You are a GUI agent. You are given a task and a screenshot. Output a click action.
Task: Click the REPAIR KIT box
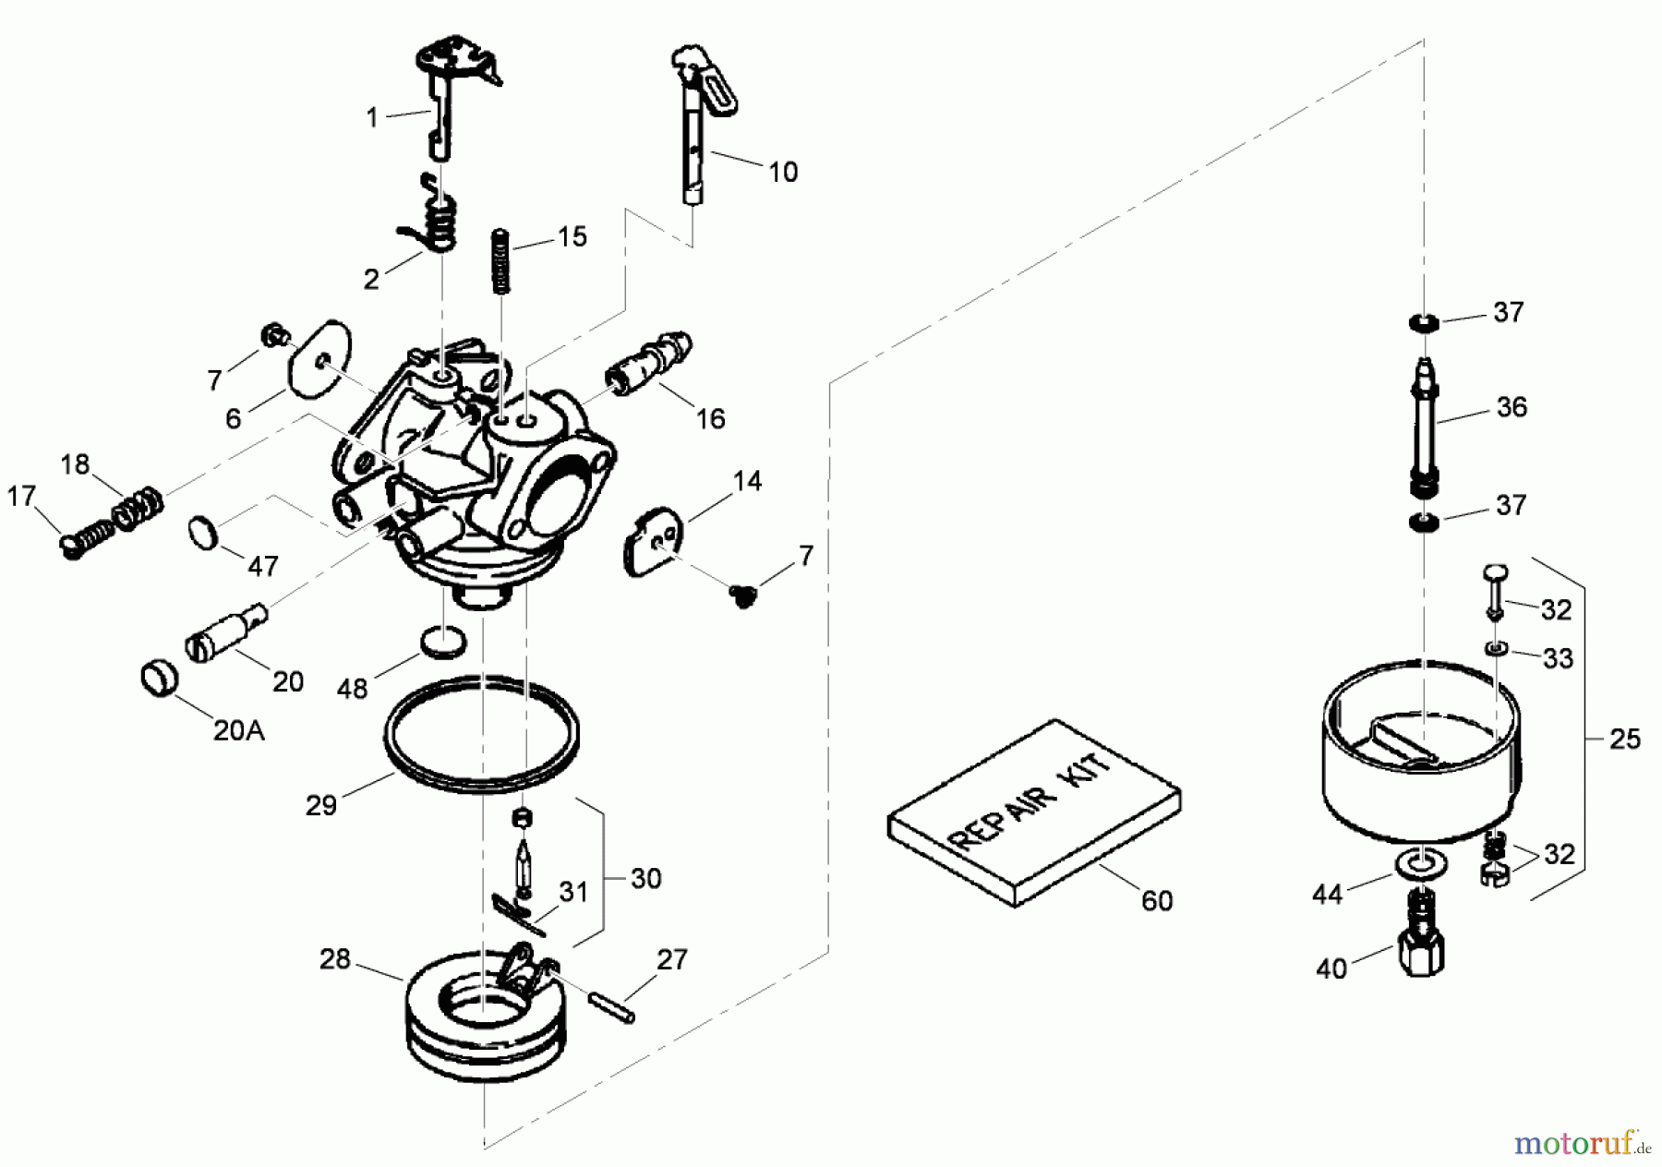[1034, 812]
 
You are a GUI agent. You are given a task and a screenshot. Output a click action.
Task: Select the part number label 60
[1156, 900]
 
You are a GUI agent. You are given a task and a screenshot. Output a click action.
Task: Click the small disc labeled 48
[443, 639]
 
